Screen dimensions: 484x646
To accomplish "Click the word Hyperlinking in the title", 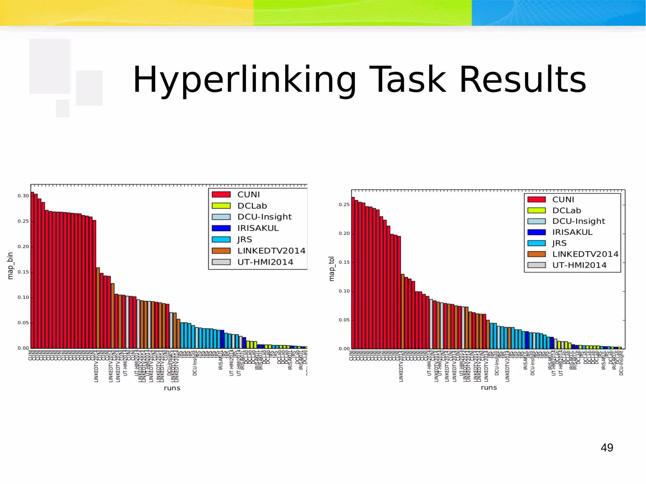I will click(x=244, y=79).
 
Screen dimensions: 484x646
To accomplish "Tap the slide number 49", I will click(x=607, y=447).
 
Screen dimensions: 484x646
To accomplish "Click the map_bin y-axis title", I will click(x=10, y=265).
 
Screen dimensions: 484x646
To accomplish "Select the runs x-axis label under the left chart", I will click(x=172, y=388).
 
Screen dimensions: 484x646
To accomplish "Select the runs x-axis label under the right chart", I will click(x=489, y=387).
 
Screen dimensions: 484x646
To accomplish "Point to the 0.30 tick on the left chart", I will click(x=23, y=196).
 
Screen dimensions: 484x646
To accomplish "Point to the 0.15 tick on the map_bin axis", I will click(x=23, y=272).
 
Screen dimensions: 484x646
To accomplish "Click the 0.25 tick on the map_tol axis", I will click(x=344, y=205).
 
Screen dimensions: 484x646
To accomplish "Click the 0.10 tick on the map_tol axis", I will click(x=344, y=291).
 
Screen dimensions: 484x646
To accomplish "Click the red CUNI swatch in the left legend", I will click(x=221, y=195).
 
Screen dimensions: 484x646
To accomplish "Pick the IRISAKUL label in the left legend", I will click(x=258, y=228).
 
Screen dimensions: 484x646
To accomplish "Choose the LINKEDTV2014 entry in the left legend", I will click(x=271, y=251).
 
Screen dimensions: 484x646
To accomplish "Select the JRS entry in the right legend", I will click(x=559, y=243).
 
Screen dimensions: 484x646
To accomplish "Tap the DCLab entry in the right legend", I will click(x=566, y=210).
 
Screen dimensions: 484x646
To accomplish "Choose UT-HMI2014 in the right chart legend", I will click(x=579, y=265).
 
